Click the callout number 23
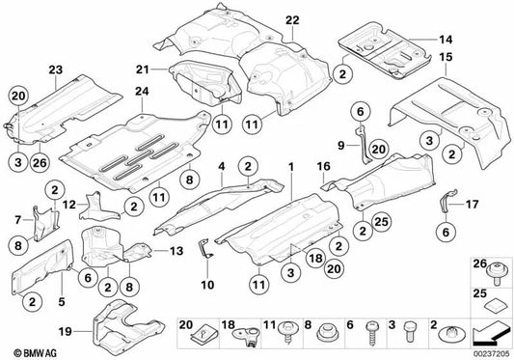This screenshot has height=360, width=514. coord(55,69)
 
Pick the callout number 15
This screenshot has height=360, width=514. coord(446,60)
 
